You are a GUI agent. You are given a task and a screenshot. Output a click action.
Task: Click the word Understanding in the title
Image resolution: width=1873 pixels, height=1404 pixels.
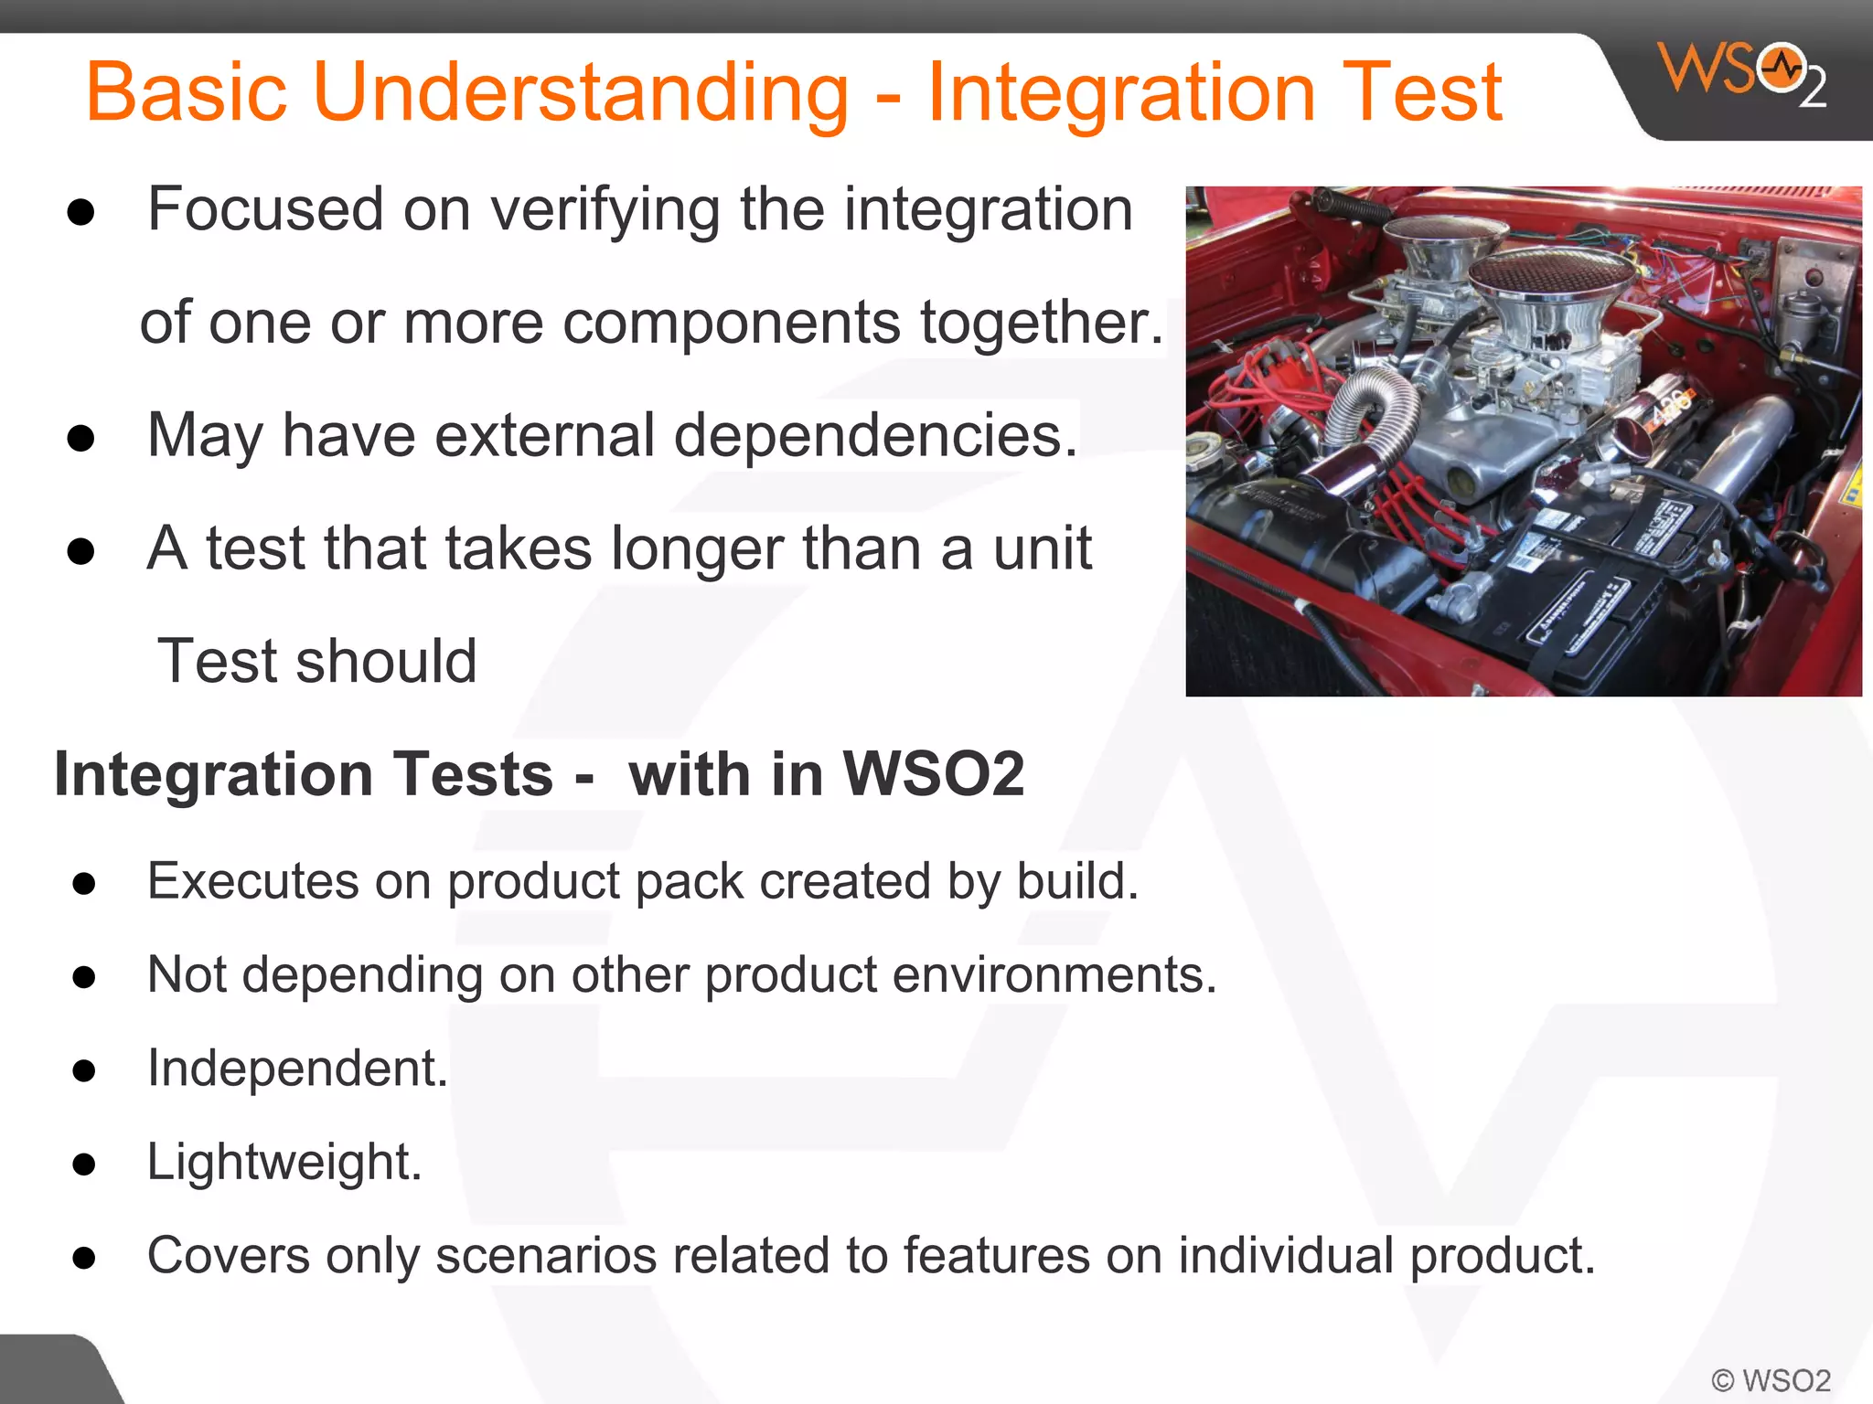click(581, 91)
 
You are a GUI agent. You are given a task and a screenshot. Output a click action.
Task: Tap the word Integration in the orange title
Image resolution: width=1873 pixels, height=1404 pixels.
click(1121, 91)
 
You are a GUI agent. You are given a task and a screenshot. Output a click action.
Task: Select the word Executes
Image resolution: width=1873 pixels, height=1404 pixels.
click(252, 882)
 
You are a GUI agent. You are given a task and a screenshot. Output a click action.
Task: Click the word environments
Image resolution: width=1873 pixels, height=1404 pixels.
click(1054, 975)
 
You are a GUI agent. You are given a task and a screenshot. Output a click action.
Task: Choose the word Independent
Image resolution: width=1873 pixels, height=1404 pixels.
click(297, 1069)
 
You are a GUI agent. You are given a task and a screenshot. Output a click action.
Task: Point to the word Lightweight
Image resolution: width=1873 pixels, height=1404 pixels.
click(284, 1162)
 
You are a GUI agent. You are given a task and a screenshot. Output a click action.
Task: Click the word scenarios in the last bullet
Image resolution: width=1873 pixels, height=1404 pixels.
click(545, 1256)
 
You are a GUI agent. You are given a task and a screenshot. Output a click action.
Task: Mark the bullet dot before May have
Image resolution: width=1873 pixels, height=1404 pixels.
click(81, 439)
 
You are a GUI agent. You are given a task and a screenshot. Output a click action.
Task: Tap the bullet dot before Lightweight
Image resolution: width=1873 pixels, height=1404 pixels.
click(84, 1165)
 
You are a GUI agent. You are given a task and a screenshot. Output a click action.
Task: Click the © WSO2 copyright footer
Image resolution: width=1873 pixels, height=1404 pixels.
click(1770, 1380)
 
